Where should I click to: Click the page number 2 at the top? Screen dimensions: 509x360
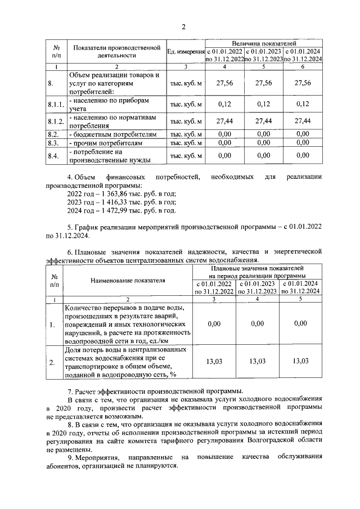coord(183,26)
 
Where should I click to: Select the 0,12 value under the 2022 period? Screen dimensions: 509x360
coord(224,104)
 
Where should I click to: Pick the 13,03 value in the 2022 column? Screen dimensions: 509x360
coord(214,361)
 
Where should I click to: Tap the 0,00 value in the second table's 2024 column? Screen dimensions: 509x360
coord(301,324)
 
